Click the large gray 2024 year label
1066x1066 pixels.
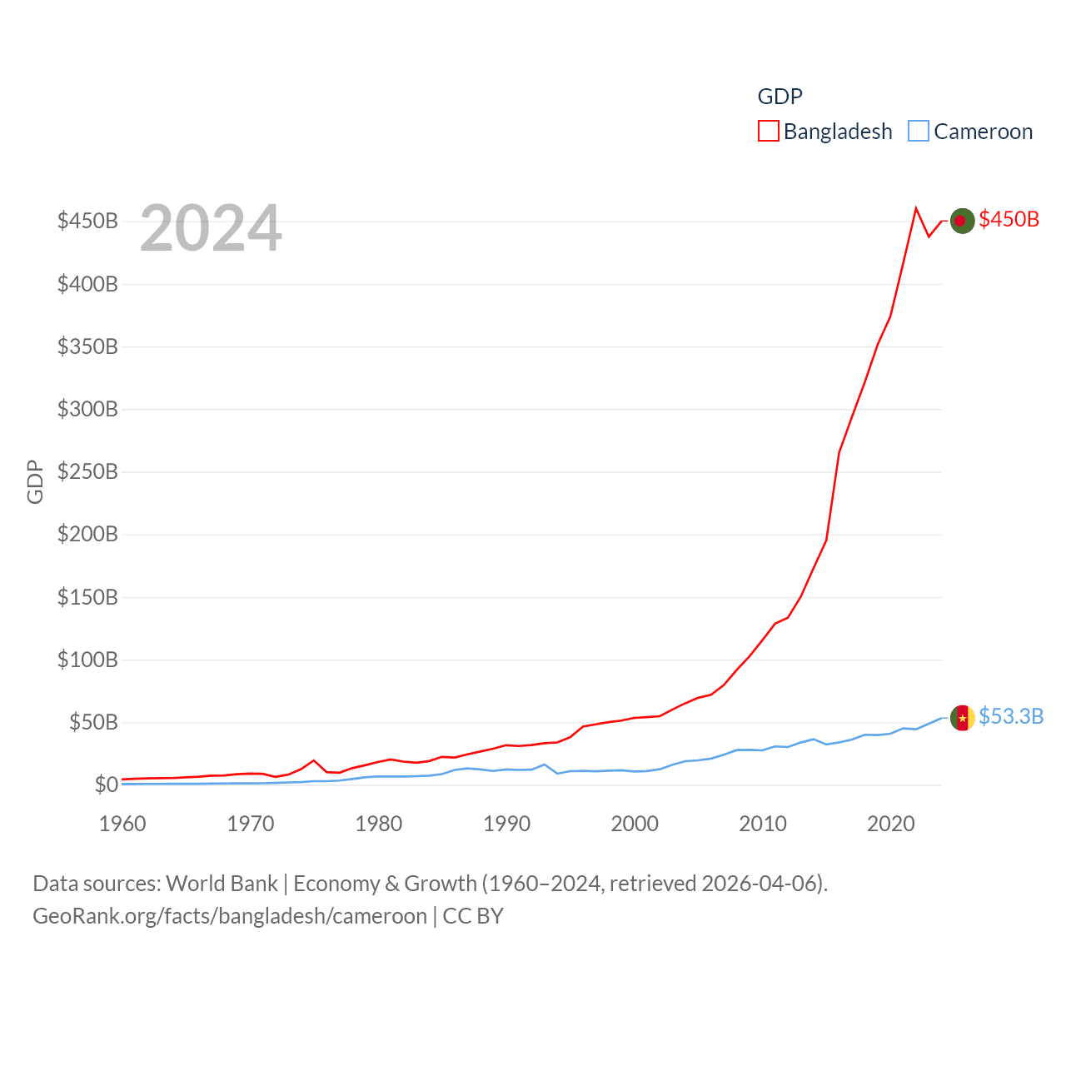tap(211, 228)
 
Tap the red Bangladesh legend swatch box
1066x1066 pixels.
tap(768, 132)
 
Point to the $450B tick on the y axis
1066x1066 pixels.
tap(87, 221)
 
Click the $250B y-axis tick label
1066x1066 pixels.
tap(87, 471)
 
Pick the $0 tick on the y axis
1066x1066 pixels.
tap(106, 785)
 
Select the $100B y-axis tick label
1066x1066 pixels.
tap(87, 660)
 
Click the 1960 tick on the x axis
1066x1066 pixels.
tap(122, 824)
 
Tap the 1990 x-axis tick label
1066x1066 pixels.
tap(506, 824)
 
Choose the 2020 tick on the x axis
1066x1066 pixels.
tap(890, 824)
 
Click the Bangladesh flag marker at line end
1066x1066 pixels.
tap(962, 221)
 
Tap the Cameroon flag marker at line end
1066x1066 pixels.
tap(962, 717)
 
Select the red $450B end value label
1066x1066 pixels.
tap(1009, 219)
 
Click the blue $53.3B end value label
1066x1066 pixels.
tap(1011, 716)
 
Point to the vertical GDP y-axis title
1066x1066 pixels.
tap(35, 481)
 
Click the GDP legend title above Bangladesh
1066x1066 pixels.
tap(780, 97)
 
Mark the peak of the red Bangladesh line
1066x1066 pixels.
tap(916, 208)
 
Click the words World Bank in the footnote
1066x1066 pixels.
tap(222, 883)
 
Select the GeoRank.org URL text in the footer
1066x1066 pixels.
tap(230, 916)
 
